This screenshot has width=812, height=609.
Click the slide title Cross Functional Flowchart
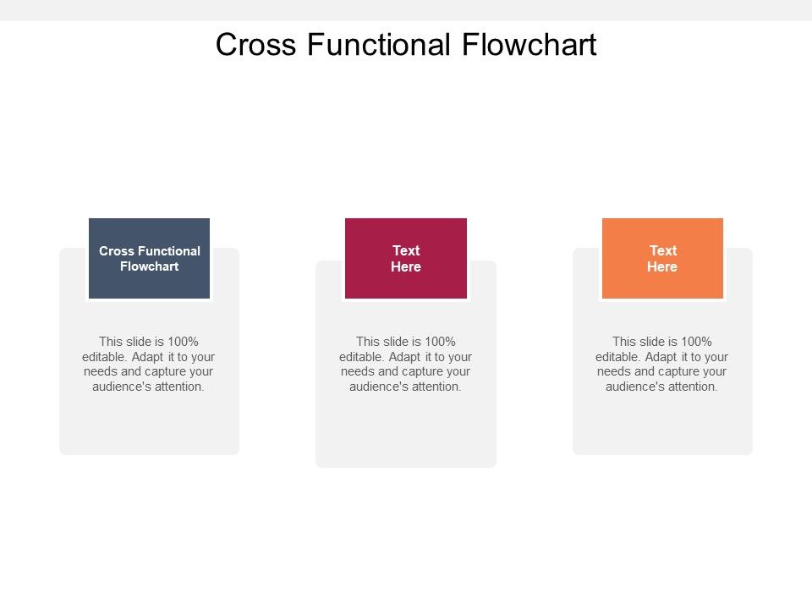point(406,44)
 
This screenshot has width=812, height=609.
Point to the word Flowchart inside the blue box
point(150,266)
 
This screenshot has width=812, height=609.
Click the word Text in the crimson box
point(406,250)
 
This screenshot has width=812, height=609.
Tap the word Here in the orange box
point(662,266)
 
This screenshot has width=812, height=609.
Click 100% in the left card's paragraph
point(183,342)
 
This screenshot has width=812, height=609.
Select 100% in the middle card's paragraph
point(440,342)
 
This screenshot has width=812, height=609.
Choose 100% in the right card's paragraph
point(696,342)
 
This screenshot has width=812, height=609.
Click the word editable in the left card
point(104,357)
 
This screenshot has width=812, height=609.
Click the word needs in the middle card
point(357,372)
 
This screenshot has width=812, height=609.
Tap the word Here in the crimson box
point(406,266)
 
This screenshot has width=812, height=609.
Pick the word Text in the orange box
point(662,250)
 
